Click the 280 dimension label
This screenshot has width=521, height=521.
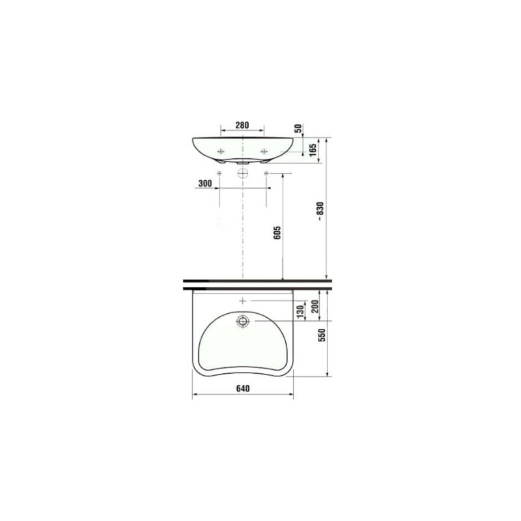coord(242,125)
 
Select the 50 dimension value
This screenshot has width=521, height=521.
coord(298,128)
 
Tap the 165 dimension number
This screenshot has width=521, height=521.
coord(313,150)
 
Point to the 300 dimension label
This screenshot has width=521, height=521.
coord(205,184)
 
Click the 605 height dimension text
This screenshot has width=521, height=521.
coord(277,232)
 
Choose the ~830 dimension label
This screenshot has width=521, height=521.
coord(320,212)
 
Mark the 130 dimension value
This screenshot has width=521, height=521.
coord(300,312)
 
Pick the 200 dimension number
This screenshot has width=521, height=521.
coord(315,306)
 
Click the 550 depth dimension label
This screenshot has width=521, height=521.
coord(322,335)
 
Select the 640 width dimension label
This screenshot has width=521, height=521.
coord(243,388)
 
